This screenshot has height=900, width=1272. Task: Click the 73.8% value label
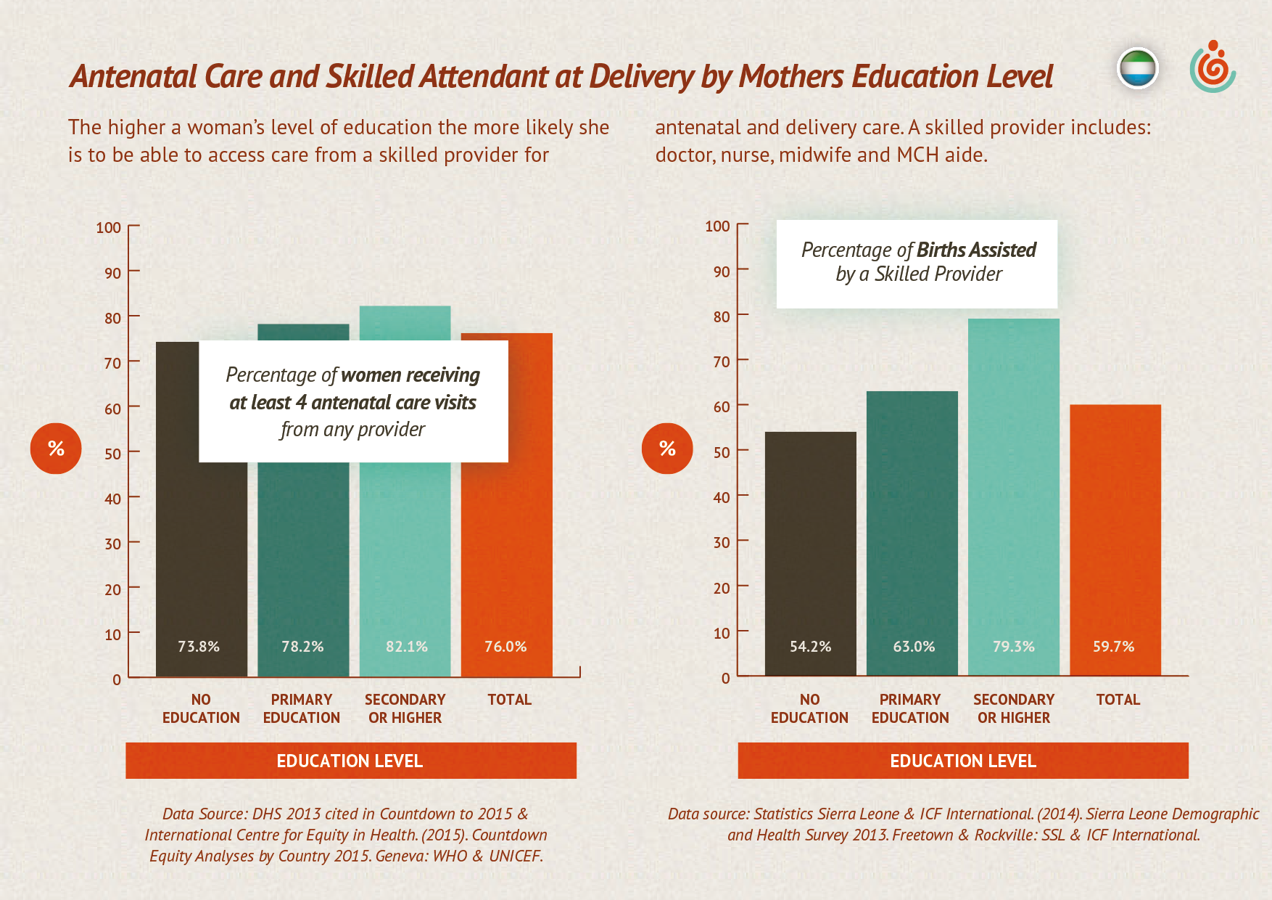[x=199, y=646]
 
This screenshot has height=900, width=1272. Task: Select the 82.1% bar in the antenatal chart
[x=405, y=552]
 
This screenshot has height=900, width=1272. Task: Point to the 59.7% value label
[x=1113, y=646]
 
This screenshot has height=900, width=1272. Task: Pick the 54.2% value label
[x=810, y=646]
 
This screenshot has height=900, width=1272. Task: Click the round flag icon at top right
[x=1137, y=69]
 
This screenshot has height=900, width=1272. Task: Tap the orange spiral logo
[x=1213, y=67]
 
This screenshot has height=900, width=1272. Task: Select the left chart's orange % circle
[x=56, y=449]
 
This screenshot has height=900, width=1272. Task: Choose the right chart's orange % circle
[x=667, y=449]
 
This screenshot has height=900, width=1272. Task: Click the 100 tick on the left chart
[x=109, y=228]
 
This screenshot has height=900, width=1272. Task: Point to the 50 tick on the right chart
[x=721, y=451]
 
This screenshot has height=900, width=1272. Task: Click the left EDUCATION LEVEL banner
[x=350, y=761]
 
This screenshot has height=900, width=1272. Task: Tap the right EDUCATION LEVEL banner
[x=962, y=761]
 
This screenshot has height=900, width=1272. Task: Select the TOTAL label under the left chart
[x=509, y=700]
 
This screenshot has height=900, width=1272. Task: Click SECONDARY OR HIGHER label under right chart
[x=1013, y=708]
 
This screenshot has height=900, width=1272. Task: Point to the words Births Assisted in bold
[x=976, y=250]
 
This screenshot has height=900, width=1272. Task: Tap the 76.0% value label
[x=505, y=646]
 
